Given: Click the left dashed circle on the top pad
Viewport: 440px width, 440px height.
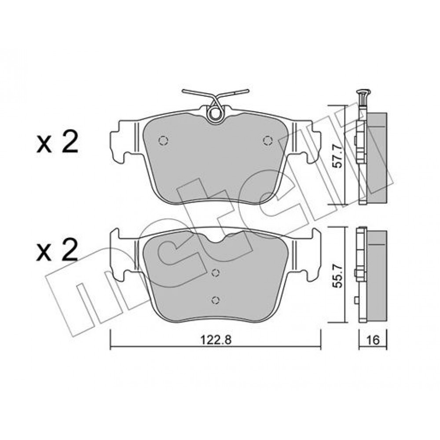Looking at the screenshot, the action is coord(163,140).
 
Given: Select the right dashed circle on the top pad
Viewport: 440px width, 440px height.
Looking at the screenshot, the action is coord(268,140).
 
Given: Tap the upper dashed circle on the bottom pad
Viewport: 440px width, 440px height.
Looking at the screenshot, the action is coord(215,272).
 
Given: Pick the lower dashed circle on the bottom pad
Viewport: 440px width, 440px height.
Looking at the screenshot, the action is coord(215,300).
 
